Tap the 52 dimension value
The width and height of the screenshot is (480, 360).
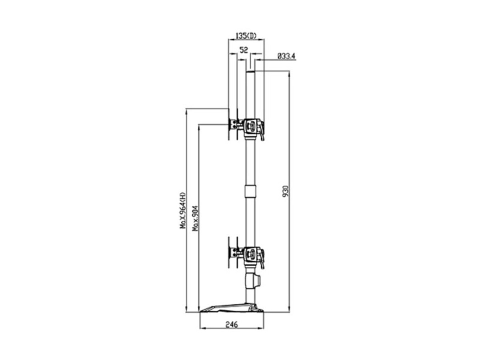[244, 50]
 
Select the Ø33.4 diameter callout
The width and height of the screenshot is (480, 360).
[286, 56]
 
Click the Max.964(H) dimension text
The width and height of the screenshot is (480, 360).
[183, 210]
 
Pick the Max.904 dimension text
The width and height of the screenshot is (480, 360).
[195, 218]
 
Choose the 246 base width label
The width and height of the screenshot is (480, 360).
[232, 325]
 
